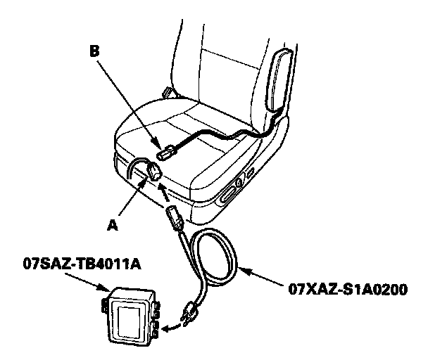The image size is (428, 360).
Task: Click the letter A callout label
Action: tap(111, 226)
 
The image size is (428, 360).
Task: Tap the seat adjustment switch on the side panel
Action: tap(232, 190)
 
